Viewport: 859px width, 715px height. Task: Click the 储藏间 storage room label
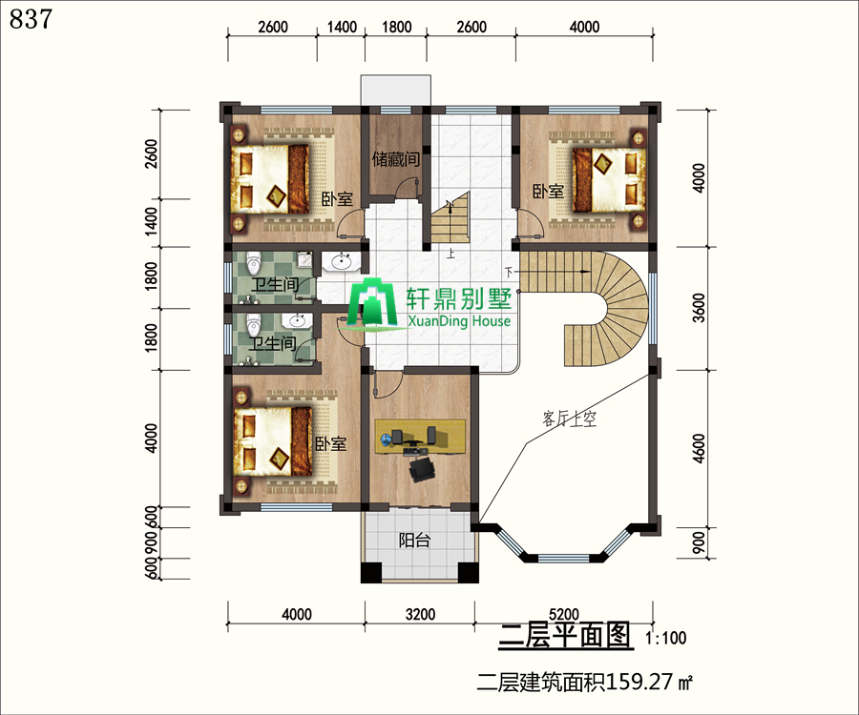395,159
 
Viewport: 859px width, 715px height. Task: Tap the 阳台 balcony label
414,541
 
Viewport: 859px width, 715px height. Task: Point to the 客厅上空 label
569,419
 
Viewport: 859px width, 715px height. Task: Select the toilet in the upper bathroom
253,264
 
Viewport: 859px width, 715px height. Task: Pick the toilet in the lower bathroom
253,325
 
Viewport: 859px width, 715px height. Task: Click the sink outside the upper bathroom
341,261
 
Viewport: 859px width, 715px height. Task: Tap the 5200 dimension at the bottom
564,614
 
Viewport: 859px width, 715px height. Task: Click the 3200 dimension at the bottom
420,614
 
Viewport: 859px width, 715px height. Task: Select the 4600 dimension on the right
699,449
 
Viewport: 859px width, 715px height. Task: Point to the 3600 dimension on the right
699,308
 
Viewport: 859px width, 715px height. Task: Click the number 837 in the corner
31,19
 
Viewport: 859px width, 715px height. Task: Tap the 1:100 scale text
665,638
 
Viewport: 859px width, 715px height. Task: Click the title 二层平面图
565,636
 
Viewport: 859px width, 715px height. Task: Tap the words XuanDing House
459,321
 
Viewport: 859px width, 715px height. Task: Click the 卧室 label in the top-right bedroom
549,192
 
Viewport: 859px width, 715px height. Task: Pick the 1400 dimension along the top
342,27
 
